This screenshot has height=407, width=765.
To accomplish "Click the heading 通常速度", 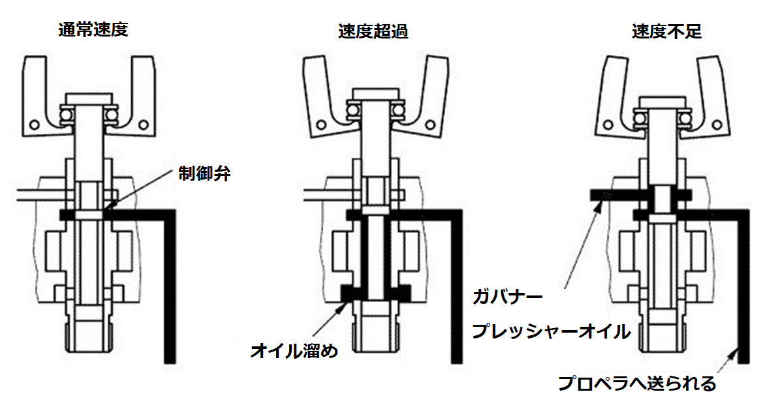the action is pos(93,30).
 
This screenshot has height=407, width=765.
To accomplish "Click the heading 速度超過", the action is pos(373,32).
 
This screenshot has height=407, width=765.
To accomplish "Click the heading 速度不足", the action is pos(666,32).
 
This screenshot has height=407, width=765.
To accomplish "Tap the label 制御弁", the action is pos(204,174).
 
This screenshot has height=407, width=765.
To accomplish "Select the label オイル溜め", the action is pos(294,350).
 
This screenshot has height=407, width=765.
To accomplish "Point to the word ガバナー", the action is pos(507,297).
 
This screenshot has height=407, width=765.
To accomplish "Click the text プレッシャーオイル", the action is pos(550,331).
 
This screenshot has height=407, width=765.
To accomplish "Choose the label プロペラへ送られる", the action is pos(636,383).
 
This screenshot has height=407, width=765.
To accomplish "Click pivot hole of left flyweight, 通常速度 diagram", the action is pos(35,125).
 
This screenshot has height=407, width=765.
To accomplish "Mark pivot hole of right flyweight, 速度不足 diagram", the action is pos(717,125).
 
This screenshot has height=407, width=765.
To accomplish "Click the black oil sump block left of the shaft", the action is pos(350,292).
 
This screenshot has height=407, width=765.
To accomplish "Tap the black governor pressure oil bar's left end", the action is pos(591,195).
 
